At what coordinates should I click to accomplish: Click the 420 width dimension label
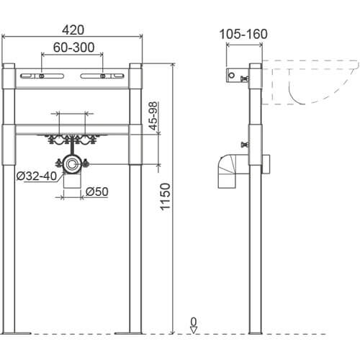click(x=73, y=30)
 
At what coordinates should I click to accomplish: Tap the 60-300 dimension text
click(x=73, y=48)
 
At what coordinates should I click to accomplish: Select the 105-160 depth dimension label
click(x=243, y=34)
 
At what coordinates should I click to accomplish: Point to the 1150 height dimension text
click(x=166, y=197)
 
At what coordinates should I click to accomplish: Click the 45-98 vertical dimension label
click(x=153, y=116)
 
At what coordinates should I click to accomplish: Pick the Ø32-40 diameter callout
click(x=37, y=176)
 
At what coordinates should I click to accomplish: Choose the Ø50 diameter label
click(x=97, y=192)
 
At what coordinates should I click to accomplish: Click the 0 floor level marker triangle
click(x=194, y=330)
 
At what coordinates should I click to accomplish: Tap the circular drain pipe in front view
click(x=71, y=165)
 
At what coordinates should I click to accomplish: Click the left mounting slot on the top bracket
click(x=42, y=76)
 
